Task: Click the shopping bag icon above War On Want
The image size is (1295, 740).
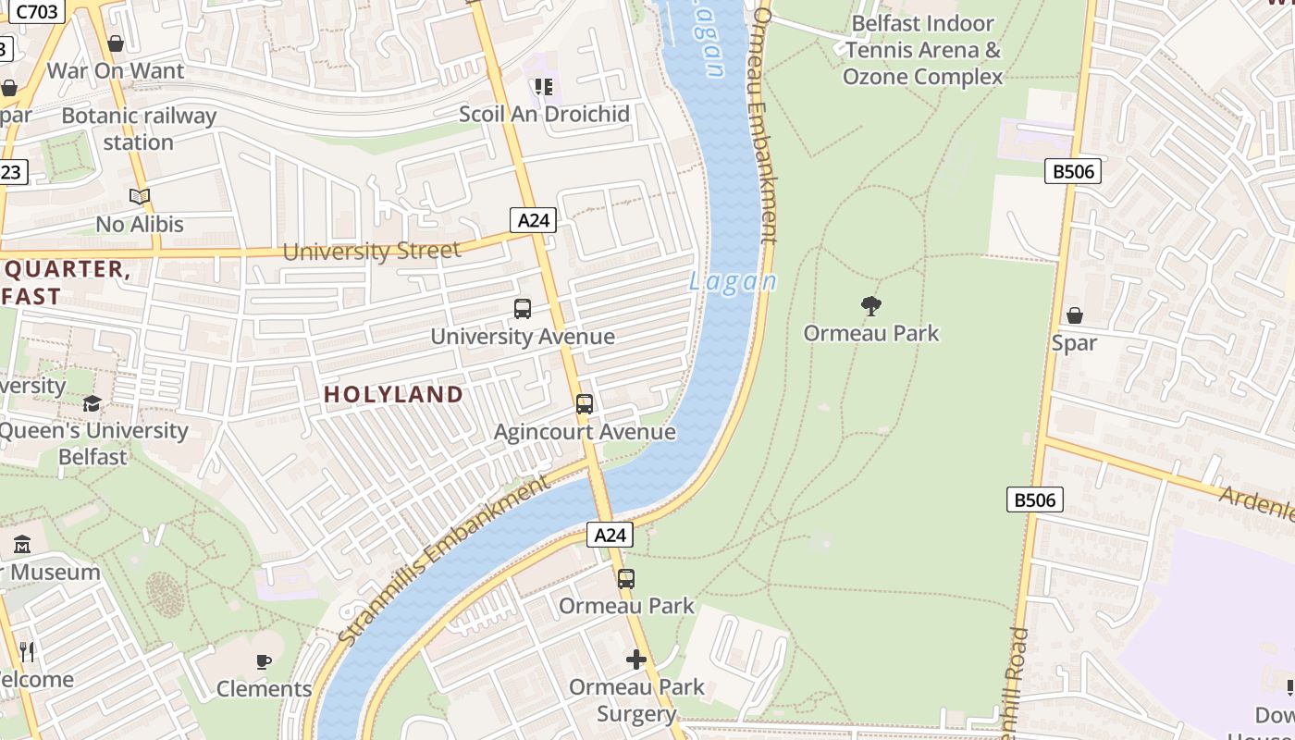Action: [116, 43]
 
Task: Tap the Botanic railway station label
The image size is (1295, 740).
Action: [139, 129]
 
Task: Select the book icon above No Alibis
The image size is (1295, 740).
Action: [140, 196]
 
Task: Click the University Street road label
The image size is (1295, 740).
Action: [371, 252]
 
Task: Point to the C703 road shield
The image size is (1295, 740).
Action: [36, 12]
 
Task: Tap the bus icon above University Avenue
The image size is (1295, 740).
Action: [523, 309]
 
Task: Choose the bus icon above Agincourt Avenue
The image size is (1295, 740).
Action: [585, 404]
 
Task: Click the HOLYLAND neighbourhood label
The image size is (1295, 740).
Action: [393, 395]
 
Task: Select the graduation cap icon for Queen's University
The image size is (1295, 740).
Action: [92, 404]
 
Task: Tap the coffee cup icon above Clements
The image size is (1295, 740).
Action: [264, 661]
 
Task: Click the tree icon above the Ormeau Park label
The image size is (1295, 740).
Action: [870, 306]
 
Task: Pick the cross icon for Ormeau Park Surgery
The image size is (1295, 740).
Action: [636, 660]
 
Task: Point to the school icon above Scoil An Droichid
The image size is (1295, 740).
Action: [544, 87]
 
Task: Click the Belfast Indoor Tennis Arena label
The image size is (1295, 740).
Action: [922, 50]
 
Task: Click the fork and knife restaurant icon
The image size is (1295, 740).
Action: [27, 652]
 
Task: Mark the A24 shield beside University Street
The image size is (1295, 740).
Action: [534, 220]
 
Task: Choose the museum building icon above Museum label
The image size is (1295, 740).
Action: [23, 545]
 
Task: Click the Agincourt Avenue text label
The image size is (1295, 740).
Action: [585, 432]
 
